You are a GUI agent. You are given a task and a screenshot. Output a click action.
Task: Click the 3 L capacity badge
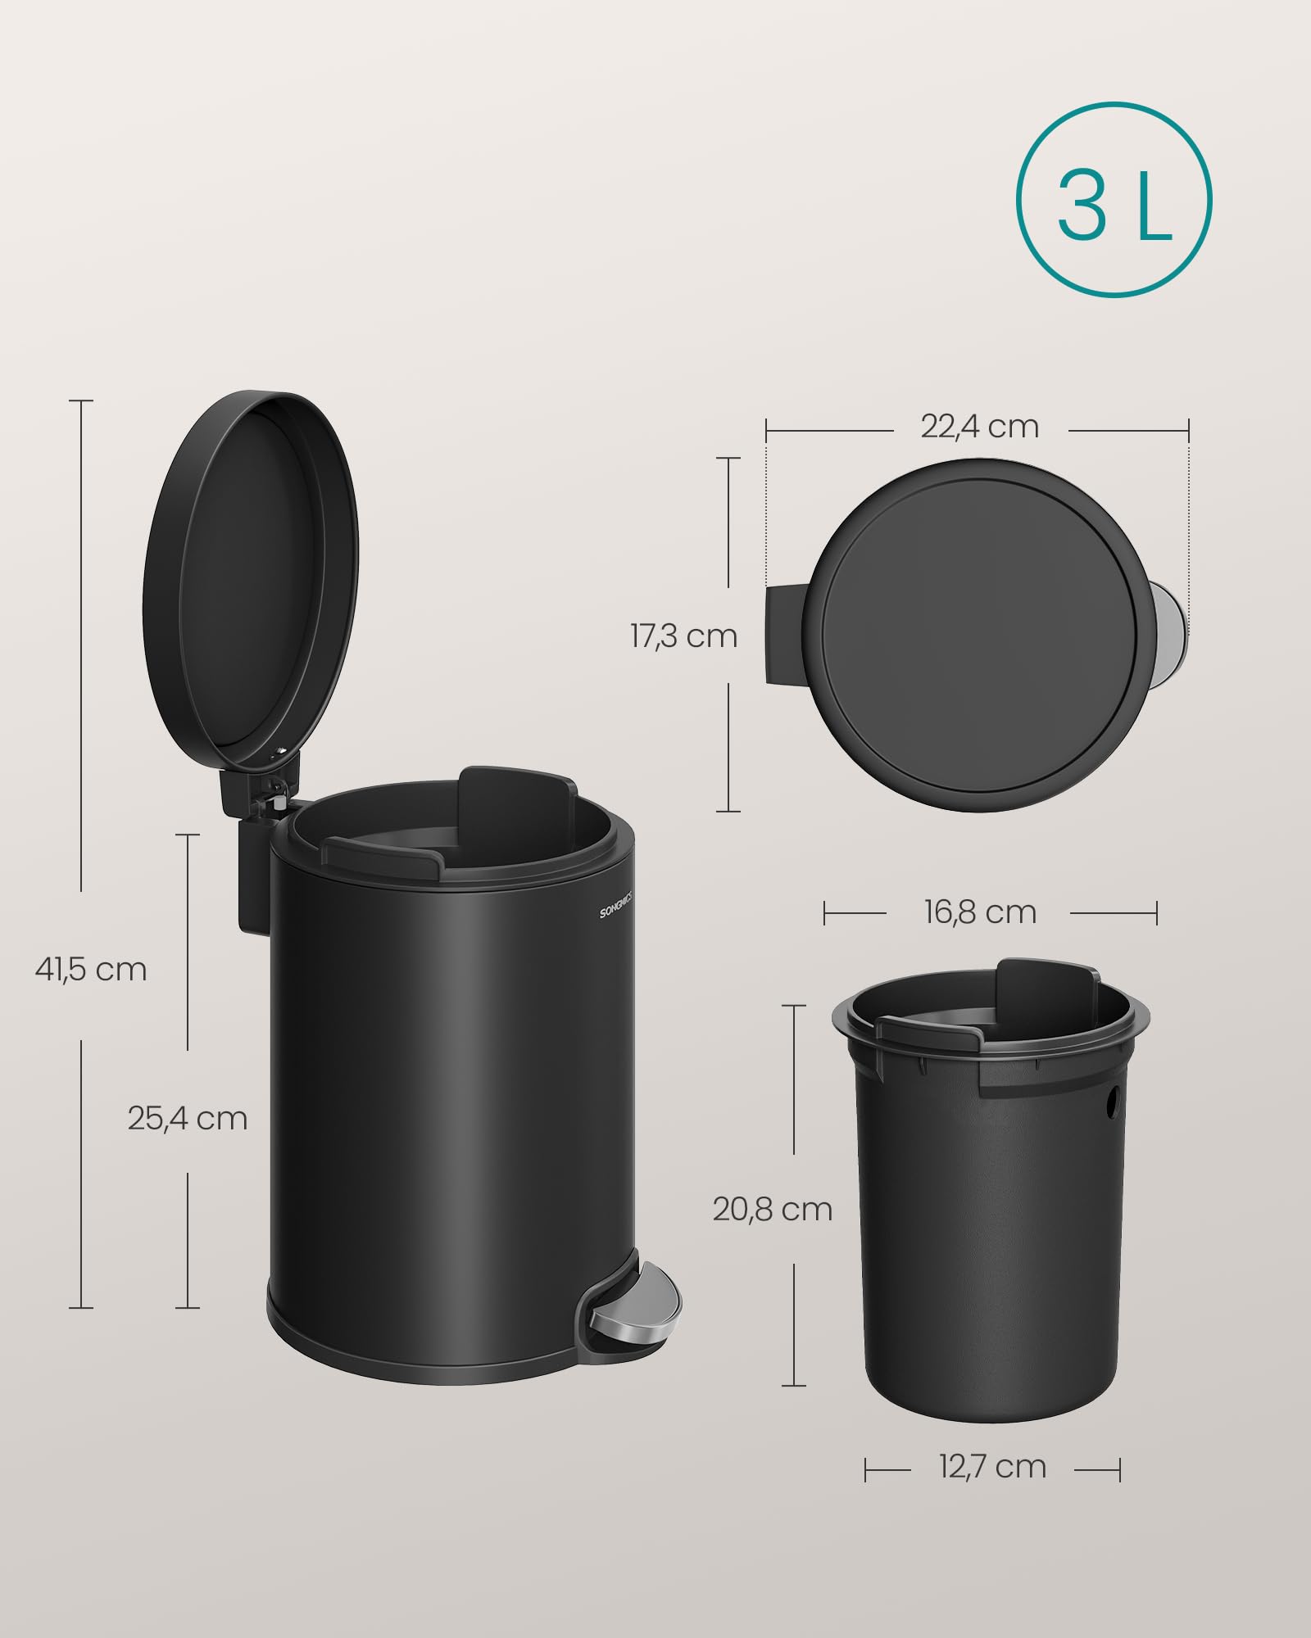pyautogui.click(x=1114, y=200)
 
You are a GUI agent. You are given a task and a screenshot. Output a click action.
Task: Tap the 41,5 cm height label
pyautogui.click(x=91, y=969)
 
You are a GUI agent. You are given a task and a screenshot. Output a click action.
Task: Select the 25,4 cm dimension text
pyautogui.click(x=188, y=1118)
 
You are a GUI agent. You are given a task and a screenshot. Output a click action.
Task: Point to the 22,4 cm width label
pyautogui.click(x=979, y=427)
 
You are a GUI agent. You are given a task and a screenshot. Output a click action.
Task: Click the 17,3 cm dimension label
pyautogui.click(x=683, y=636)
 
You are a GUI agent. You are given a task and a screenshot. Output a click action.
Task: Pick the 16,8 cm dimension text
pyautogui.click(x=980, y=912)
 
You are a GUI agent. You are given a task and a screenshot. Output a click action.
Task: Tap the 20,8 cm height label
pyautogui.click(x=772, y=1209)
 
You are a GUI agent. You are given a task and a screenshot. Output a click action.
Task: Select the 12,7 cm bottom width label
pyautogui.click(x=992, y=1467)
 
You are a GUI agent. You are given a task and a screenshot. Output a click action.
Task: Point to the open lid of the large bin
pyautogui.click(x=250, y=581)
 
